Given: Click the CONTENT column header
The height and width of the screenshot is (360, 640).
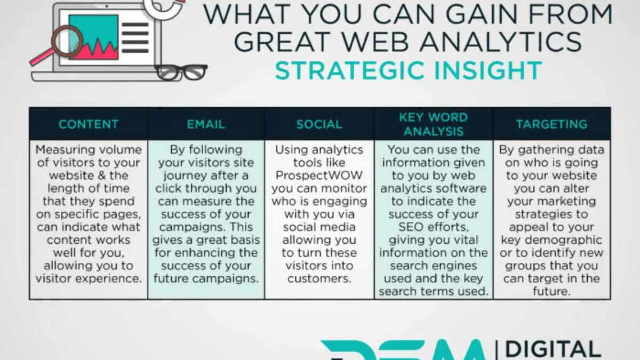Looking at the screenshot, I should click(x=88, y=124).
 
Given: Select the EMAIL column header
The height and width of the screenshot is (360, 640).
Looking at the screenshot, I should click(x=206, y=124).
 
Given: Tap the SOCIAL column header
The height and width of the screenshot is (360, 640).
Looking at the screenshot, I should click(x=319, y=124).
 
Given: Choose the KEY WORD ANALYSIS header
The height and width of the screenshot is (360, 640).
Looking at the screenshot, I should click(x=433, y=124).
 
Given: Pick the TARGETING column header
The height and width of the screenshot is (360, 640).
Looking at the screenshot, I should click(x=551, y=124).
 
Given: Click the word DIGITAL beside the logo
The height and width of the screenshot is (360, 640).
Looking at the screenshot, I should click(x=553, y=349).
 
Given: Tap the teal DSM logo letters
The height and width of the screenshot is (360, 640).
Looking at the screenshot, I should click(x=405, y=352).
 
